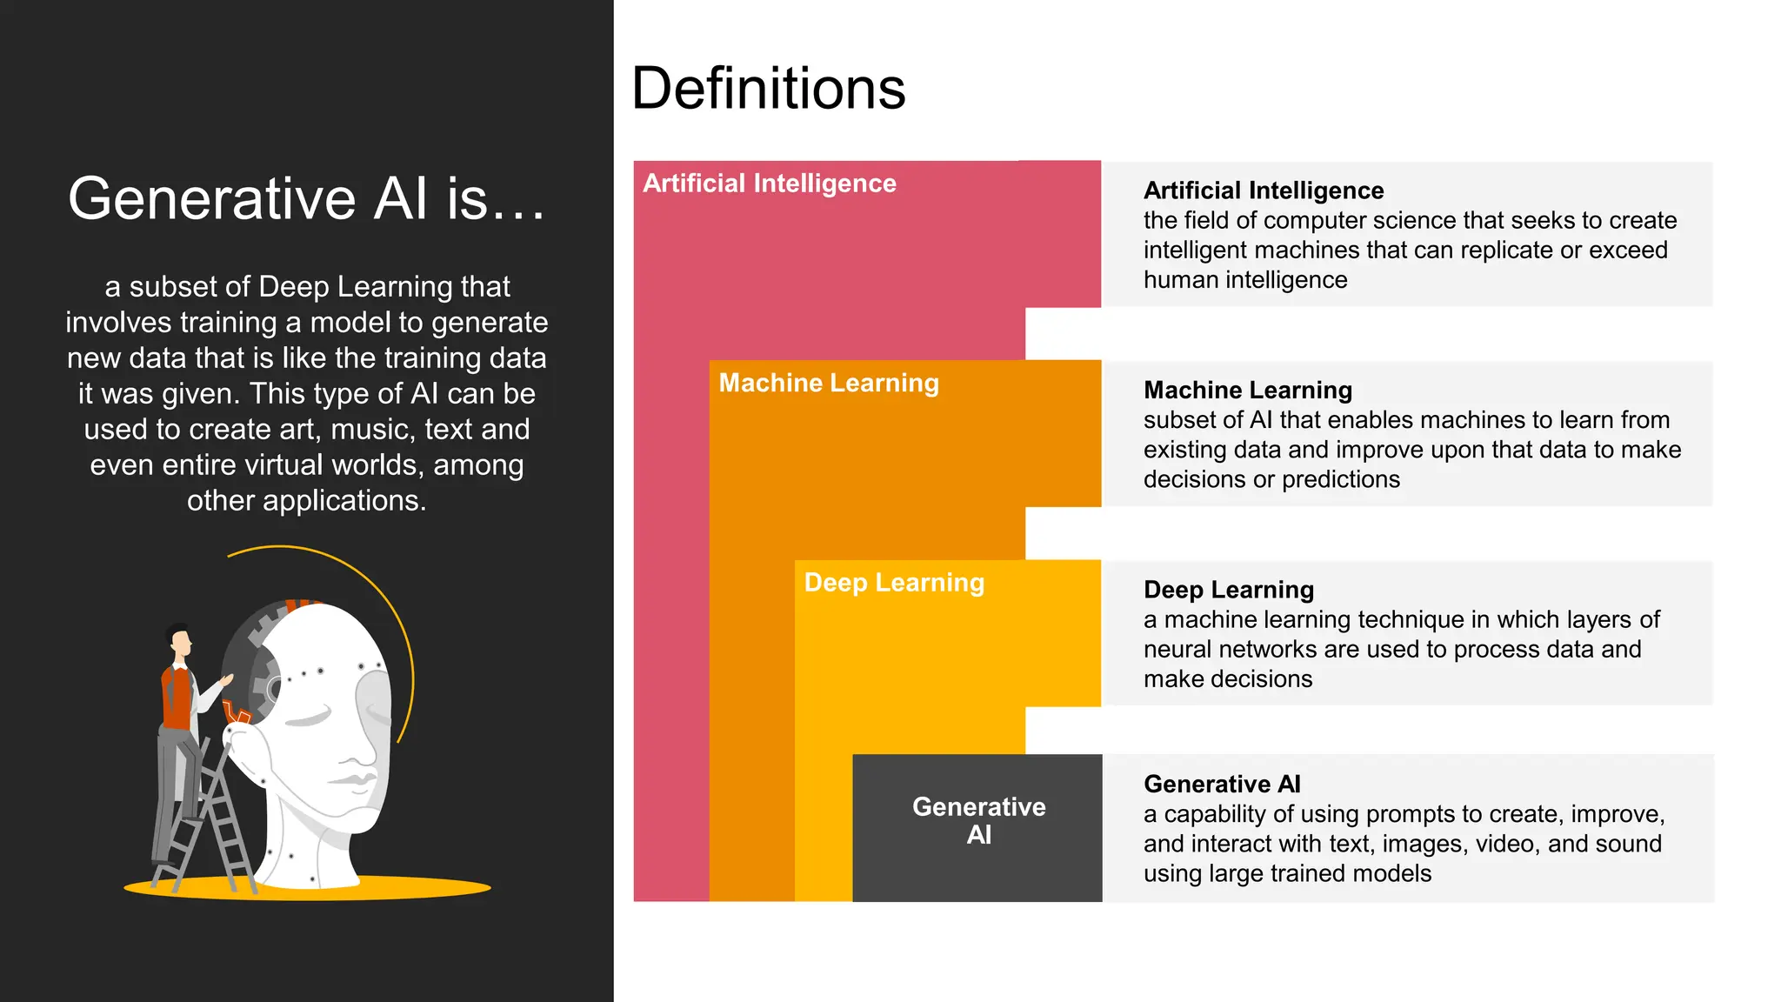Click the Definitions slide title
(768, 89)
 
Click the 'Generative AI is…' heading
(306, 198)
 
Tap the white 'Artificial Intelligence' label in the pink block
(769, 184)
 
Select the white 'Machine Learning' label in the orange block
(828, 383)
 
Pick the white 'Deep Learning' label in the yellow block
(894, 583)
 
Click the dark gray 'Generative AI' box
(977, 826)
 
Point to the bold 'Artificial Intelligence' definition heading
(1263, 190)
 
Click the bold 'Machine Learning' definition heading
(1247, 390)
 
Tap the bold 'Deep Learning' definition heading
(1228, 590)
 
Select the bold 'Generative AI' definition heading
(1222, 785)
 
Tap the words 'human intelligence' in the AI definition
(1244, 280)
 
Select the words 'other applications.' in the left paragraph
(306, 501)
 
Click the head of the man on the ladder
(180, 642)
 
